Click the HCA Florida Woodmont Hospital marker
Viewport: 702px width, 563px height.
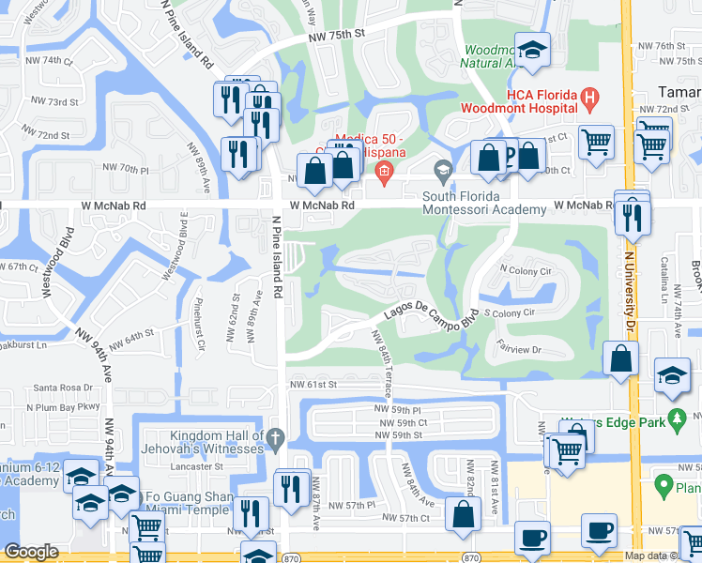tap(589, 97)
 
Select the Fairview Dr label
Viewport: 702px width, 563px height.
tap(520, 348)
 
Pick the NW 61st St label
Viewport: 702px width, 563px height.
tap(313, 384)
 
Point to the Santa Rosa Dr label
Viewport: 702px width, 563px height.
tap(62, 388)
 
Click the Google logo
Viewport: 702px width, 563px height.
tap(31, 552)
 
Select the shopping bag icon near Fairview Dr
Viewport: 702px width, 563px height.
tap(621, 358)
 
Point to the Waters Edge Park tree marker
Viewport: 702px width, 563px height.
tap(675, 417)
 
